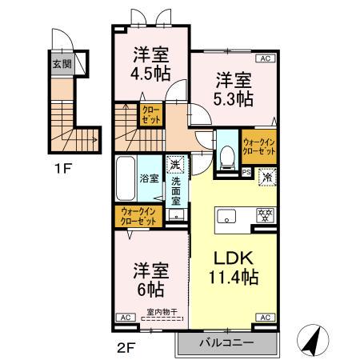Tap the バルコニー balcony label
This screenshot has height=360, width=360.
[x=226, y=342]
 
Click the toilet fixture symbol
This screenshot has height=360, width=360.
[x=227, y=153]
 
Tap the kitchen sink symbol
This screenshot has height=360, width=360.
[x=226, y=214]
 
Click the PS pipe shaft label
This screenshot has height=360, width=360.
[x=246, y=171]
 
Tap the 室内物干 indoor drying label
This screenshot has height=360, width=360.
[x=162, y=313]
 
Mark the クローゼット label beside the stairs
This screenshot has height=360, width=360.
[x=149, y=116]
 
